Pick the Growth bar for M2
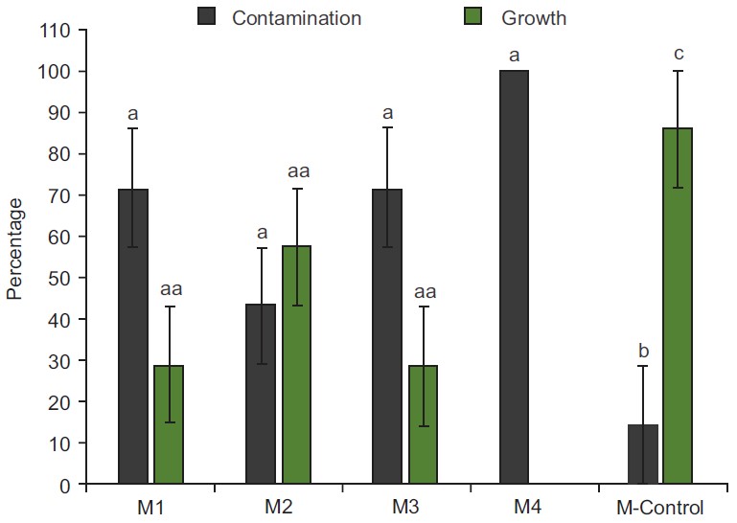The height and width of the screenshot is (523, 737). pos(296,365)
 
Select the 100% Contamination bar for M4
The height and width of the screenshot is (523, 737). pos(515,278)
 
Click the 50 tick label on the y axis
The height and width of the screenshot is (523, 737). pos(59,279)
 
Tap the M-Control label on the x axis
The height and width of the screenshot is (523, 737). pos(660,507)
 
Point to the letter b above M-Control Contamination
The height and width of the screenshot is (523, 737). pos(642,350)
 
